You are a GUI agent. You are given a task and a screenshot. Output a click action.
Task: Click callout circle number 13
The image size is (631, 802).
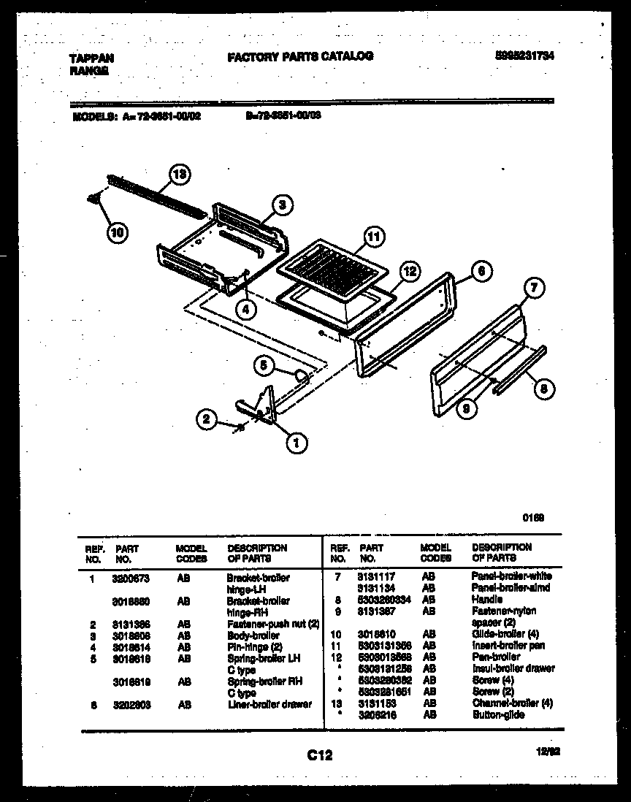pos(180,175)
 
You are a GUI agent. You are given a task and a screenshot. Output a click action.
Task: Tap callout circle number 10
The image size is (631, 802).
pos(117,233)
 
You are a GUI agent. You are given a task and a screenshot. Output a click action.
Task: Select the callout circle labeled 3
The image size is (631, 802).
pos(285,206)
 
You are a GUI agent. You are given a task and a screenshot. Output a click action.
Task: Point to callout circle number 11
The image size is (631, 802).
pos(373,237)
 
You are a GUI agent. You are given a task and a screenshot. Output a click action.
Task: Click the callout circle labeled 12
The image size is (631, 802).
pos(410,272)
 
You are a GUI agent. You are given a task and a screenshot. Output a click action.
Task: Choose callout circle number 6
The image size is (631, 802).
pos(479,270)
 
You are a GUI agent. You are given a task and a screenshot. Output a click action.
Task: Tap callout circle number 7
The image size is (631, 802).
pos(535,289)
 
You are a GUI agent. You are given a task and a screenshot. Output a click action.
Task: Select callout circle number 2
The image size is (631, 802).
pos(207,419)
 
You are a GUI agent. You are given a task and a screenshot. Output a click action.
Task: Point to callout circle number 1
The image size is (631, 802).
pos(297,441)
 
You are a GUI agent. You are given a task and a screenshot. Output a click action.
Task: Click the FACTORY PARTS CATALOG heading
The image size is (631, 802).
pos(300,56)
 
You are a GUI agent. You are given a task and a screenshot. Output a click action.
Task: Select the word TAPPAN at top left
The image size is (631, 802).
pos(91,58)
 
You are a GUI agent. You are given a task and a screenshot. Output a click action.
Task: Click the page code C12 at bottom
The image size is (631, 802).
pos(319,757)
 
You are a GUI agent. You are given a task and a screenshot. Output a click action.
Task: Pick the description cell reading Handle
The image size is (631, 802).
pos(487,599)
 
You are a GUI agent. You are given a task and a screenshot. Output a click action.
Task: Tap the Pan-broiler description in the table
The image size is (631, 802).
pos(496,657)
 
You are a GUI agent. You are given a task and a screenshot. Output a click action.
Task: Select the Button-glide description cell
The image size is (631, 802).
pos(498,714)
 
